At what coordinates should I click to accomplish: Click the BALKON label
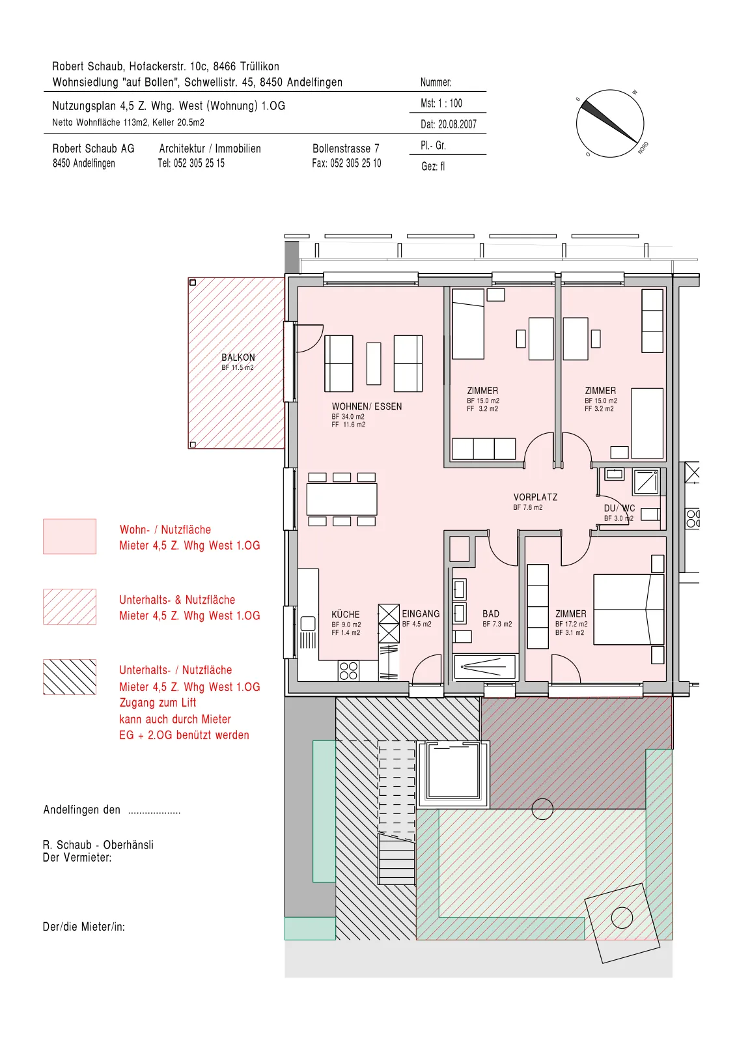point(238,358)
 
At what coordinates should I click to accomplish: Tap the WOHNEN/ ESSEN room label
point(367,406)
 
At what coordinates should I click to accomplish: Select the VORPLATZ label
point(535,498)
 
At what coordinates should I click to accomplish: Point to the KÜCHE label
point(346,614)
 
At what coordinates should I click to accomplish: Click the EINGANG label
point(421,613)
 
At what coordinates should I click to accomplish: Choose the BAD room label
point(490,613)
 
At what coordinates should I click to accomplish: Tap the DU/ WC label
point(619,508)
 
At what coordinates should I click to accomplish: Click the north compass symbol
point(610,123)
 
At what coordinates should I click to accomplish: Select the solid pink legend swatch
point(70,537)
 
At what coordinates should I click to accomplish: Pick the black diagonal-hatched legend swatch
point(70,677)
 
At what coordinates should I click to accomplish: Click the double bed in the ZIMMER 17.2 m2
point(629,610)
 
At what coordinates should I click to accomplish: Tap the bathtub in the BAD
point(485,668)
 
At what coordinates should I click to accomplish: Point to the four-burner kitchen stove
point(349,671)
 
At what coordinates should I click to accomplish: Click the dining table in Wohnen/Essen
point(342,499)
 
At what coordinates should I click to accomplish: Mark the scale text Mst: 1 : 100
point(441,104)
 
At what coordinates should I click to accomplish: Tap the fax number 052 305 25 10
point(346,163)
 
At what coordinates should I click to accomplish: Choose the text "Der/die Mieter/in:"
point(84,927)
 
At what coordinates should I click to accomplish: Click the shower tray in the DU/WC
point(645,482)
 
